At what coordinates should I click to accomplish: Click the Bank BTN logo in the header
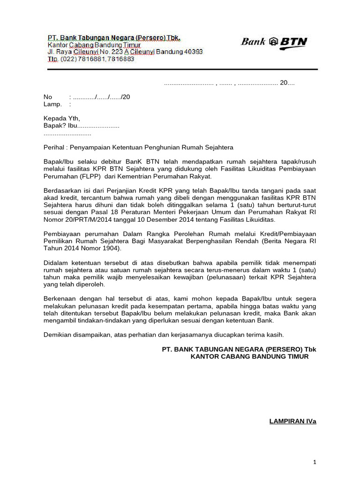(274, 42)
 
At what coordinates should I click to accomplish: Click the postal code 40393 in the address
(193, 52)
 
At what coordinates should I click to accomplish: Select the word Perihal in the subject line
(53, 147)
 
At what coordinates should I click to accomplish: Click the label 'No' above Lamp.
(48, 97)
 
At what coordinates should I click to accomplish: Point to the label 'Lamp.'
(52, 105)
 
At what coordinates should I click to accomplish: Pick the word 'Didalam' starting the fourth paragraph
(56, 262)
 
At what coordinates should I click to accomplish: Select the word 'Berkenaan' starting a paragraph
(59, 299)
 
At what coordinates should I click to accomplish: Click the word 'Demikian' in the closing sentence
(57, 335)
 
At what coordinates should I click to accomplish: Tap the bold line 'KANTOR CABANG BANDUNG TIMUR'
(249, 356)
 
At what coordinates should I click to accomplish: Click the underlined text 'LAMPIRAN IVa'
(293, 421)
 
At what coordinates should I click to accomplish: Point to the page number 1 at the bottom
(315, 462)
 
